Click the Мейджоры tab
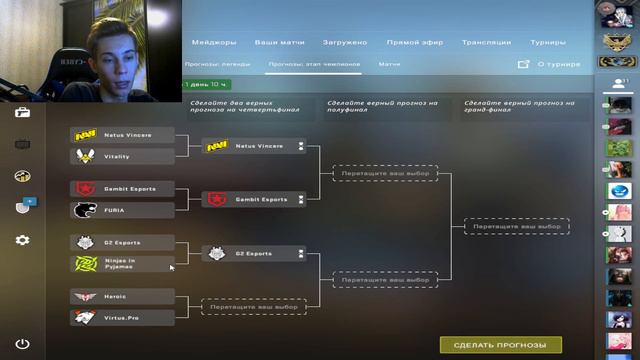coord(213,43)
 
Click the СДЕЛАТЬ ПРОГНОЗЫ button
coord(500,345)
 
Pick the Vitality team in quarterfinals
coord(123,156)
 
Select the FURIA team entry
coord(123,210)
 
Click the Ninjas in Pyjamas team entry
coord(123,263)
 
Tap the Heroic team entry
coord(123,297)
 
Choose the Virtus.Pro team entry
coord(123,317)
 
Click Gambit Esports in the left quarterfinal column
coord(123,188)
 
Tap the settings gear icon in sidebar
coord(22,240)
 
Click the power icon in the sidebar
coord(22,345)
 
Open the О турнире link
coord(550,64)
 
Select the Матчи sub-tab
coord(390,64)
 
